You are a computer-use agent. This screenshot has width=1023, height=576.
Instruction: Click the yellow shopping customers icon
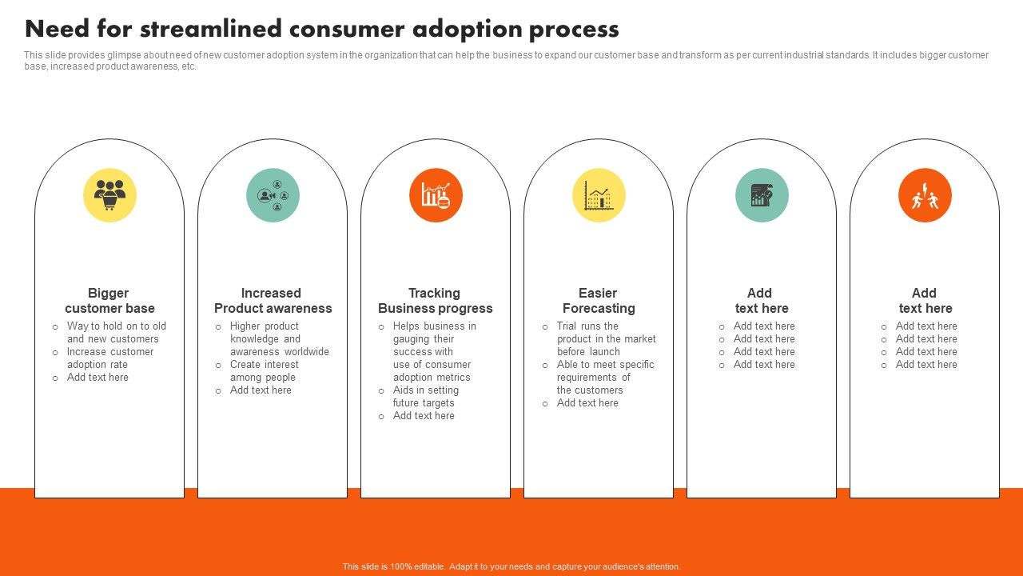(x=109, y=195)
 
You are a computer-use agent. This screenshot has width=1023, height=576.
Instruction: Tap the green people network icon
(x=273, y=195)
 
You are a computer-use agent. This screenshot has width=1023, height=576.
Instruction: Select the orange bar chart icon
(x=436, y=195)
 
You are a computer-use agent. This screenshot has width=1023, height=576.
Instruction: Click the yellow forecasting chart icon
(x=599, y=195)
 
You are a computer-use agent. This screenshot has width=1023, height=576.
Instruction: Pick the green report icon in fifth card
(x=762, y=195)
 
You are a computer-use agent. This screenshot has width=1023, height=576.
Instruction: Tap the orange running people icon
(x=925, y=195)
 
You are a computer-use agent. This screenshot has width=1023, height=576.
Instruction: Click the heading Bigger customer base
(x=109, y=301)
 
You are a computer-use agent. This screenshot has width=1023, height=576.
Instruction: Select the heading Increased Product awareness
(x=273, y=301)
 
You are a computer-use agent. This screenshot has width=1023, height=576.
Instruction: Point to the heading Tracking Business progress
(x=436, y=301)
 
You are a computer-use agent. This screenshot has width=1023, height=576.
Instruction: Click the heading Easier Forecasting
(x=599, y=301)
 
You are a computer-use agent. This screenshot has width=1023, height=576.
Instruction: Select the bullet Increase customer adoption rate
(x=109, y=358)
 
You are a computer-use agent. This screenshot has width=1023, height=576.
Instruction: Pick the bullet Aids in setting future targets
(x=425, y=397)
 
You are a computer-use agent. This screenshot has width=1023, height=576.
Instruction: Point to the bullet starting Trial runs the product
(x=606, y=339)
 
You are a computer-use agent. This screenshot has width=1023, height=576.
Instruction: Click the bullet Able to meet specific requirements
(x=605, y=378)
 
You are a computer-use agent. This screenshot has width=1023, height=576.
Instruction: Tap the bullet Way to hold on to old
(x=116, y=333)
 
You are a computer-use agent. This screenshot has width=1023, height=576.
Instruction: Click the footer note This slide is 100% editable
(x=511, y=566)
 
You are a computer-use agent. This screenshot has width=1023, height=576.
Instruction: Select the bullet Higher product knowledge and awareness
(x=279, y=339)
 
